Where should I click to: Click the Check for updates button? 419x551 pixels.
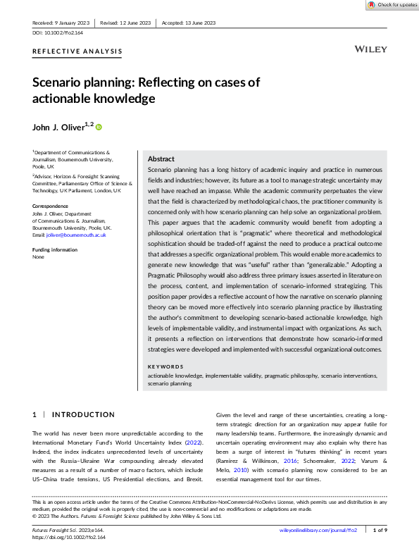[392, 5]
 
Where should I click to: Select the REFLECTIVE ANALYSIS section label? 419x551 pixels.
[77, 51]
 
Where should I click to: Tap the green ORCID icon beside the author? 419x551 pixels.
[99, 127]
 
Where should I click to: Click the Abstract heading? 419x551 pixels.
[161, 159]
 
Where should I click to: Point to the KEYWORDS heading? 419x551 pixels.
[165, 367]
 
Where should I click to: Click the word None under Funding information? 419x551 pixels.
[39, 257]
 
